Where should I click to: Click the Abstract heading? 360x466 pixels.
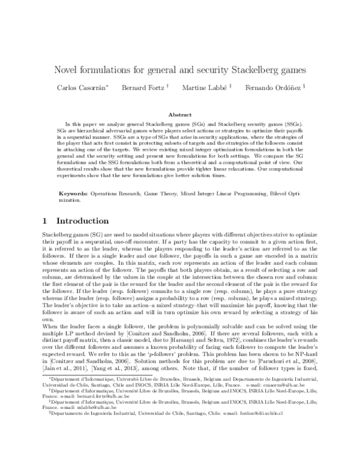click(x=179, y=114)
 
